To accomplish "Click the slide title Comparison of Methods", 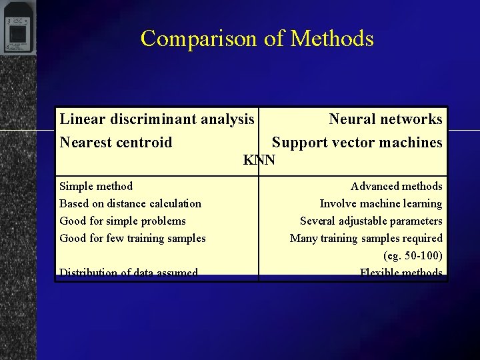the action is pyautogui.click(x=257, y=39).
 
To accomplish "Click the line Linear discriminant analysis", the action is pyautogui.click(x=157, y=119).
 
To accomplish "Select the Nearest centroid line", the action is pyautogui.click(x=116, y=142).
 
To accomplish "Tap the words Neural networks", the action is pyautogui.click(x=385, y=119).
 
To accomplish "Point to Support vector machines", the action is pyautogui.click(x=357, y=142).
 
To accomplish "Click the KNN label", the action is pyautogui.click(x=259, y=160).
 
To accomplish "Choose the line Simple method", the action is pyautogui.click(x=96, y=186).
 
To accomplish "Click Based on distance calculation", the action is pyautogui.click(x=130, y=203).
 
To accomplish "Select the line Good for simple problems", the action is pyautogui.click(x=123, y=221).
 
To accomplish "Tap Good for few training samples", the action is pyautogui.click(x=133, y=238).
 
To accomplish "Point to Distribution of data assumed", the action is pyautogui.click(x=129, y=272).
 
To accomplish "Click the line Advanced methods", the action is pyautogui.click(x=396, y=186).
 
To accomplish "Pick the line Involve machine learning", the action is pyautogui.click(x=381, y=203).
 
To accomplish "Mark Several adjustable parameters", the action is pyautogui.click(x=371, y=221).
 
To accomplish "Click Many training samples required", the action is pyautogui.click(x=366, y=238).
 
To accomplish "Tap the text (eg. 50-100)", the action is pyautogui.click(x=413, y=255).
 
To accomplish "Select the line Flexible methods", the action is pyautogui.click(x=401, y=272).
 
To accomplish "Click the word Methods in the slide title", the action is pyautogui.click(x=332, y=39).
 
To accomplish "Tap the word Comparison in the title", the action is pyautogui.click(x=200, y=39).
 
